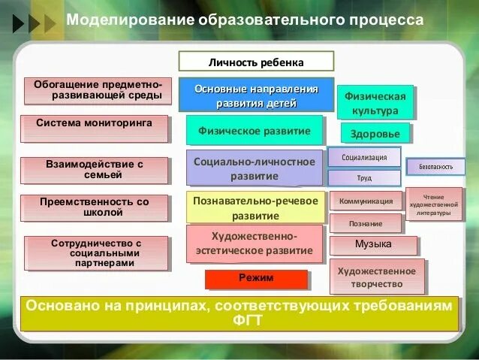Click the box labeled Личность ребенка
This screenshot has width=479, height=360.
256,62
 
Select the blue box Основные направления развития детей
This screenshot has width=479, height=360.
256,95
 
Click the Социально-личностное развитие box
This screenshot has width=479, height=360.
254,168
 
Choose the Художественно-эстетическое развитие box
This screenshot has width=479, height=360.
254,243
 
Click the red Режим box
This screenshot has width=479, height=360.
256,279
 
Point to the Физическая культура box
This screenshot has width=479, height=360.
375,103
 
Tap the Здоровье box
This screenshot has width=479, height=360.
375,134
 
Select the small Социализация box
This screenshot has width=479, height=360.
364,157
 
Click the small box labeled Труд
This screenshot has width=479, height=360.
364,178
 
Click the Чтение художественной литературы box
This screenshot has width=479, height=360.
434,204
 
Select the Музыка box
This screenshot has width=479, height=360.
372,245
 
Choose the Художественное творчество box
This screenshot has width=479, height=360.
376,277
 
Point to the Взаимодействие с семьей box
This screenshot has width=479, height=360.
94,169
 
